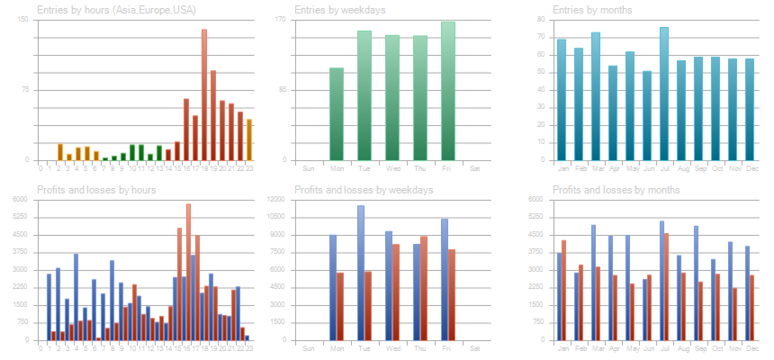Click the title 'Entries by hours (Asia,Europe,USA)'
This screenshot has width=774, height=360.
pyautogui.click(x=116, y=10)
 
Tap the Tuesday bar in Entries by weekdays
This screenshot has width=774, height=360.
pyautogui.click(x=364, y=95)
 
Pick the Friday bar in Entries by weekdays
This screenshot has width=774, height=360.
pyautogui.click(x=448, y=91)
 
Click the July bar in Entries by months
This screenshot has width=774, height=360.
pyautogui.click(x=664, y=94)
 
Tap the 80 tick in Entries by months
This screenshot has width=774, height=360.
pyautogui.click(x=542, y=19)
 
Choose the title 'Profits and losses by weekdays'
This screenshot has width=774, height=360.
pyautogui.click(x=364, y=190)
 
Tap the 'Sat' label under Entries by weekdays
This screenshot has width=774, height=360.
pyautogui.click(x=474, y=168)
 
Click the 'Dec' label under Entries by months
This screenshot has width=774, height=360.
pyautogui.click(x=749, y=168)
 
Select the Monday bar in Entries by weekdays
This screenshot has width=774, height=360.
pyautogui.click(x=337, y=114)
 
